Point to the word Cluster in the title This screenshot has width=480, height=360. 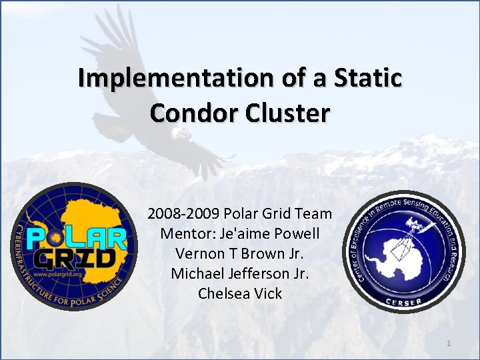click(x=290, y=113)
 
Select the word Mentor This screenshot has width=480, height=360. click(x=182, y=234)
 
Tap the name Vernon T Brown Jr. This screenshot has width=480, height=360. click(x=240, y=253)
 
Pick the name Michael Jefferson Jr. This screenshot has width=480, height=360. click(x=240, y=273)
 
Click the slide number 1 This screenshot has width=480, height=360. click(x=449, y=343)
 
